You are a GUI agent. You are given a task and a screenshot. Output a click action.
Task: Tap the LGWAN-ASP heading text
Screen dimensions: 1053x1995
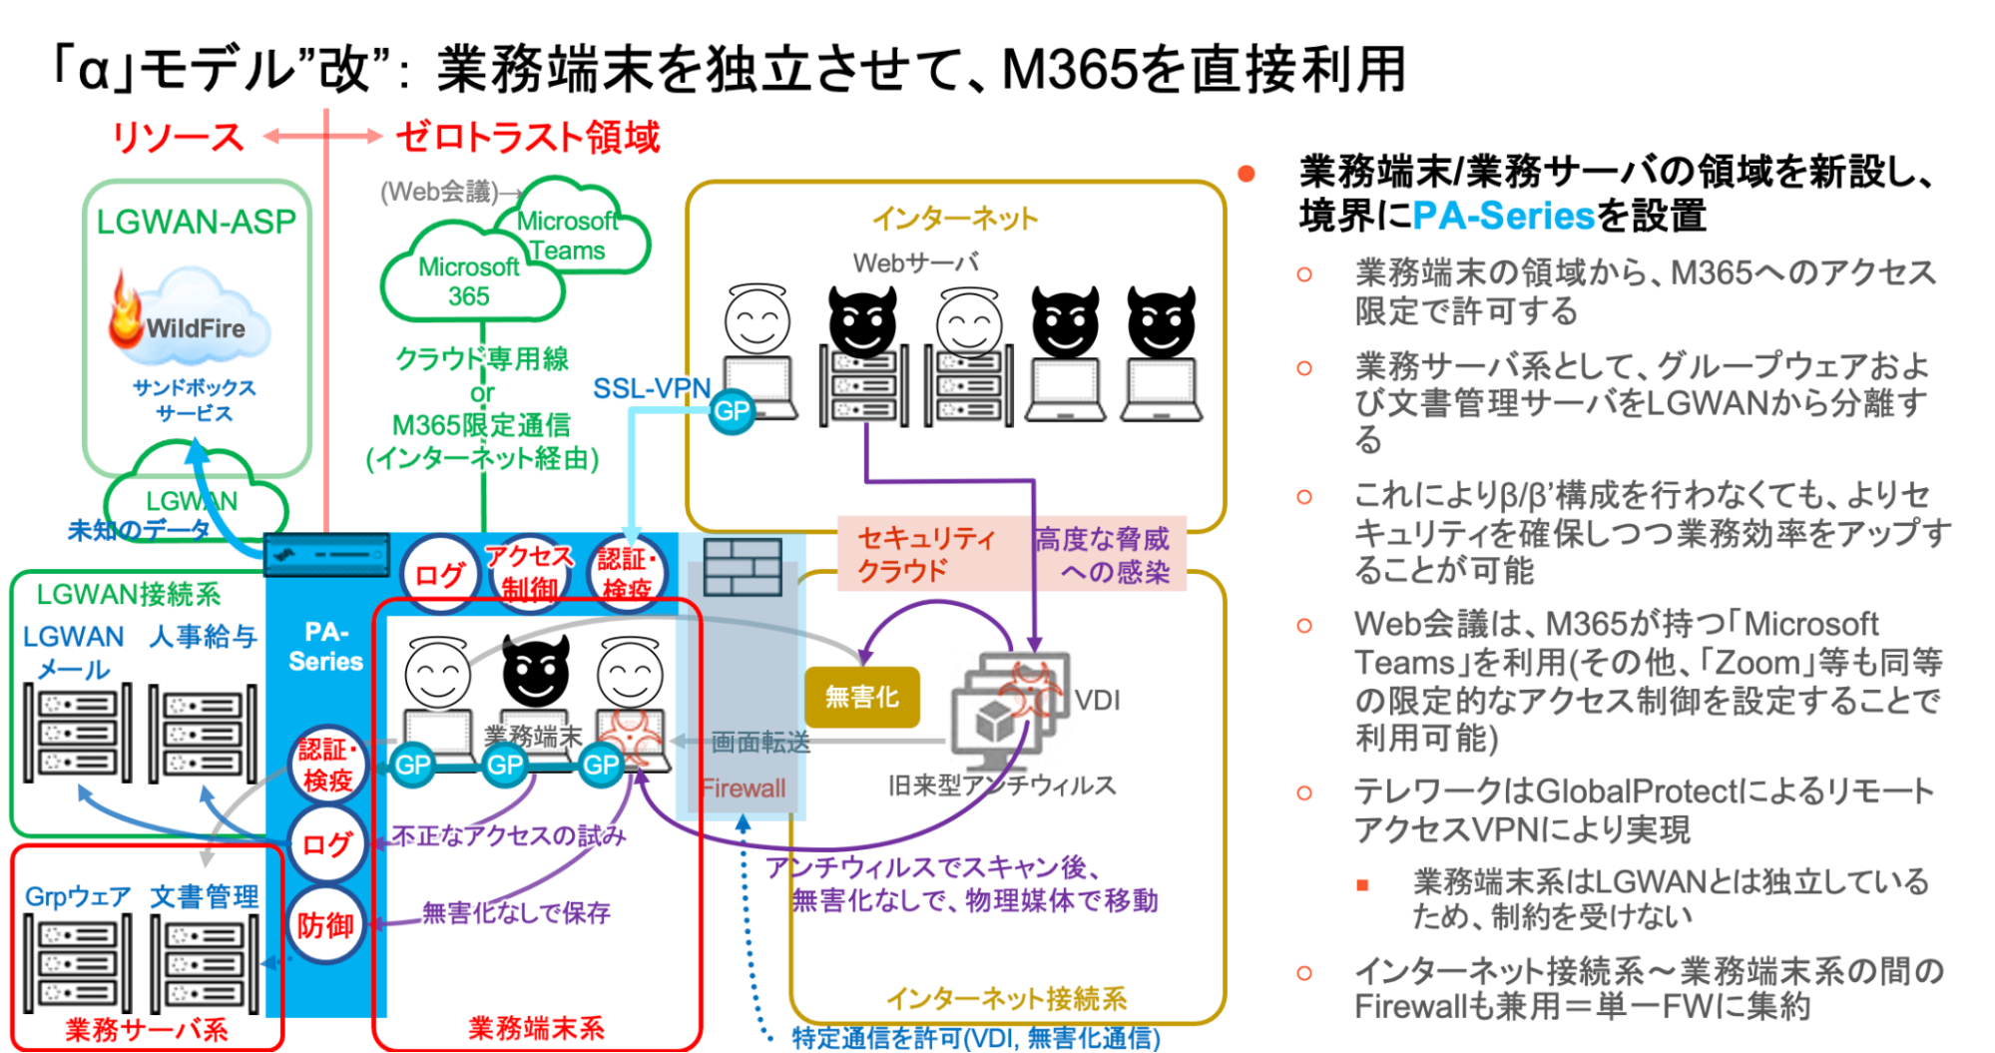[196, 222]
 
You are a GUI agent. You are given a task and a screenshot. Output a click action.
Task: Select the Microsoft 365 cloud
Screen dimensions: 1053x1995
[468, 280]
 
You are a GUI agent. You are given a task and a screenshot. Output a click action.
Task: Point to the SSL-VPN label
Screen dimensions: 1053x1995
[652, 388]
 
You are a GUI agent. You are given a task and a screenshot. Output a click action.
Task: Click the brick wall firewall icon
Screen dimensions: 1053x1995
[742, 567]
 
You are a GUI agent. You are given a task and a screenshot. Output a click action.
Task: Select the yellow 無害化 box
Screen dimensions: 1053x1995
[861, 697]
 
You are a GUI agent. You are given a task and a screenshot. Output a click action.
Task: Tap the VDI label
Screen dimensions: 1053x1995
[1097, 701]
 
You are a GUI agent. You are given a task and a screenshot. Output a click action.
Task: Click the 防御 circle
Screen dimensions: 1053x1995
[325, 925]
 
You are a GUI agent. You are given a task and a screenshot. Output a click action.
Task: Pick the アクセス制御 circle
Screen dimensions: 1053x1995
[529, 572]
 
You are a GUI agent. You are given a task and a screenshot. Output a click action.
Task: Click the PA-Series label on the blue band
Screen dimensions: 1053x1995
[325, 647]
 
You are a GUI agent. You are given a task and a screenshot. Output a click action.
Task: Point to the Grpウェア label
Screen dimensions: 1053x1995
[78, 896]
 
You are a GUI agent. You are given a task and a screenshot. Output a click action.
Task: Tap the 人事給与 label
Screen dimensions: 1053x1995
[204, 636]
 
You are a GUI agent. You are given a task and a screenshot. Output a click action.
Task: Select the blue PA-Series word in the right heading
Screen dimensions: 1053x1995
[1503, 216]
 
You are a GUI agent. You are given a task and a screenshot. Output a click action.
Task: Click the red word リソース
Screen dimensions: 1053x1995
[177, 138]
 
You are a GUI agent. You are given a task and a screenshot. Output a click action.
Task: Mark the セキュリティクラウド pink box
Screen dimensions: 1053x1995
[926, 554]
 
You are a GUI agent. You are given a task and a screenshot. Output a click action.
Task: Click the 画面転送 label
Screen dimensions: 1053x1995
[759, 742]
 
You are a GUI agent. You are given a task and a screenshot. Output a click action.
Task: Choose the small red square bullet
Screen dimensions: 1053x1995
[1362, 885]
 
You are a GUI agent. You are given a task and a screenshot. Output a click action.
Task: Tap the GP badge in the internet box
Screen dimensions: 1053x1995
[732, 410]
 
